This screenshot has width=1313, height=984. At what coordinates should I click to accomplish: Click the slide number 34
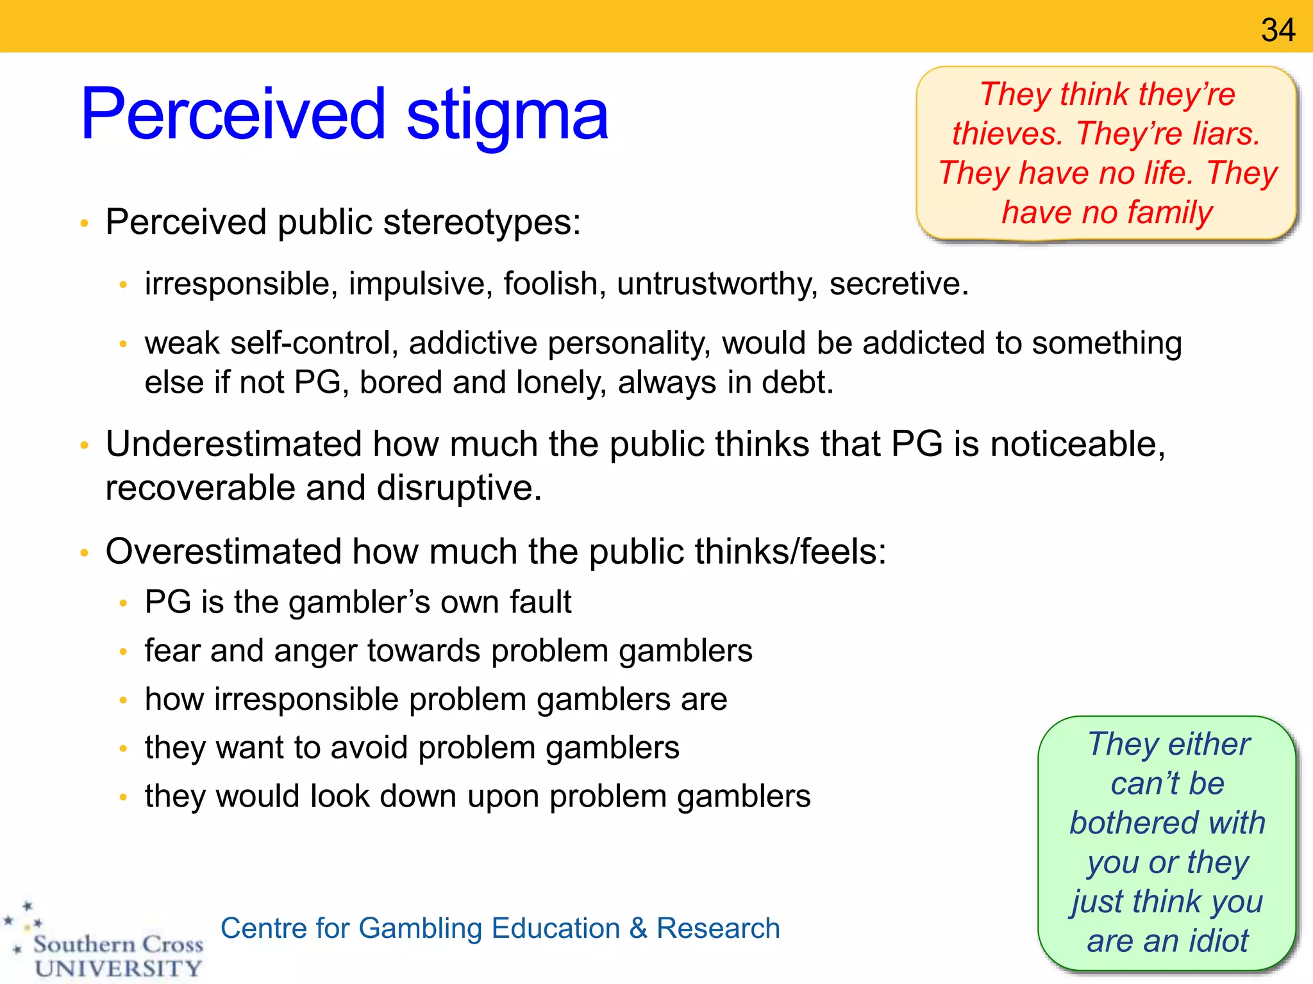coord(1278,30)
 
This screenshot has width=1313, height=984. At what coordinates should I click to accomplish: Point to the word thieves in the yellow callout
coord(1007,134)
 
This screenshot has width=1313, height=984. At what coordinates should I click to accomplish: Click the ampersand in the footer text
coord(638,928)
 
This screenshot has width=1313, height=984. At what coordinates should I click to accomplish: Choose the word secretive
coord(898,284)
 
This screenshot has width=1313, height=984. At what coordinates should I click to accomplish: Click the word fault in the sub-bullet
coord(540,602)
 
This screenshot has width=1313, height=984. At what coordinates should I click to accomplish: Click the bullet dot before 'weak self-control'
coord(124,345)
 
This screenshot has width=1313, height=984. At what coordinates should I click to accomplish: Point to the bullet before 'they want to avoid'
coord(124,748)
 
